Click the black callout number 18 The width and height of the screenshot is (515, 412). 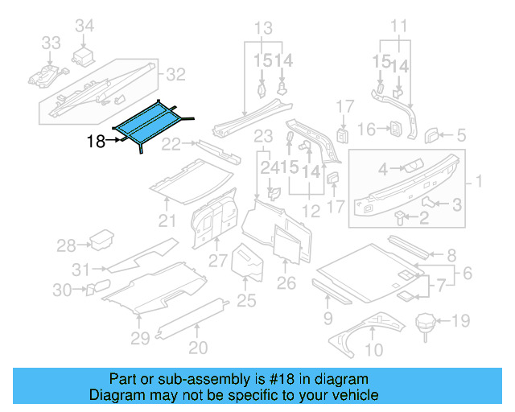point(97,142)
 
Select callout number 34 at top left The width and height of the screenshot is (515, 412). point(84,26)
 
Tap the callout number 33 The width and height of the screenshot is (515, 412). point(51,43)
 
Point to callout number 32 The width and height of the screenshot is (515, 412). point(175,75)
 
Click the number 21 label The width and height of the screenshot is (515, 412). point(167,221)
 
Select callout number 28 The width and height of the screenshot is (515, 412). point(66,245)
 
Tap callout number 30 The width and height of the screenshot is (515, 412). point(63,290)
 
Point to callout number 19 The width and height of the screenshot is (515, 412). point(459,322)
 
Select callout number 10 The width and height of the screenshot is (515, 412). point(375,349)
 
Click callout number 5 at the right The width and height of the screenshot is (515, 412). point(462,135)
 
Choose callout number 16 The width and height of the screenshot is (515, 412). point(366,129)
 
